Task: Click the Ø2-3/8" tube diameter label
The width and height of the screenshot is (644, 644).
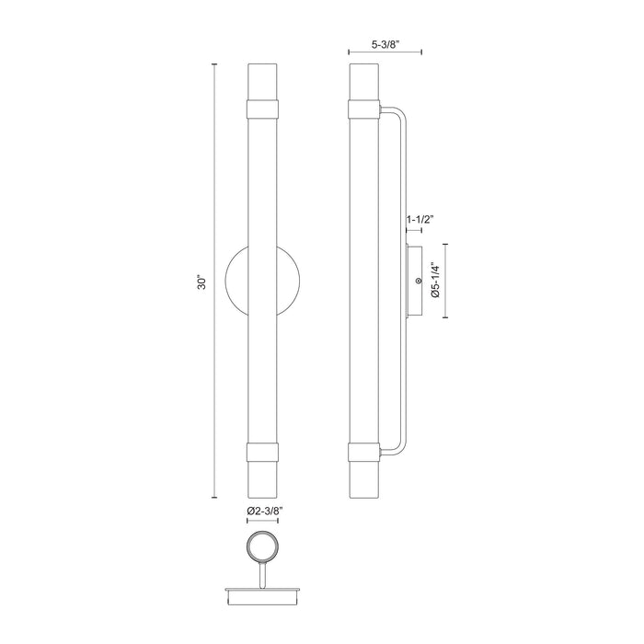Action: click(x=264, y=510)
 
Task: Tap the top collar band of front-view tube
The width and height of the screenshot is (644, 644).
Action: click(x=264, y=107)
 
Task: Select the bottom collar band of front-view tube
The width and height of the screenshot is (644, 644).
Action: click(x=264, y=452)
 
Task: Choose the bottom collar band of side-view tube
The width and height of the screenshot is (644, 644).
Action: click(x=364, y=452)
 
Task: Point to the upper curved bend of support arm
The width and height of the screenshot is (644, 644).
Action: click(x=396, y=116)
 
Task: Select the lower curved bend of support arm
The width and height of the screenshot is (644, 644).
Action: click(x=396, y=445)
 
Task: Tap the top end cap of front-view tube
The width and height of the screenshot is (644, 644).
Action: click(x=264, y=78)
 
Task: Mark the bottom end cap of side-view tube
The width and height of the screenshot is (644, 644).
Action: click(x=364, y=479)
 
